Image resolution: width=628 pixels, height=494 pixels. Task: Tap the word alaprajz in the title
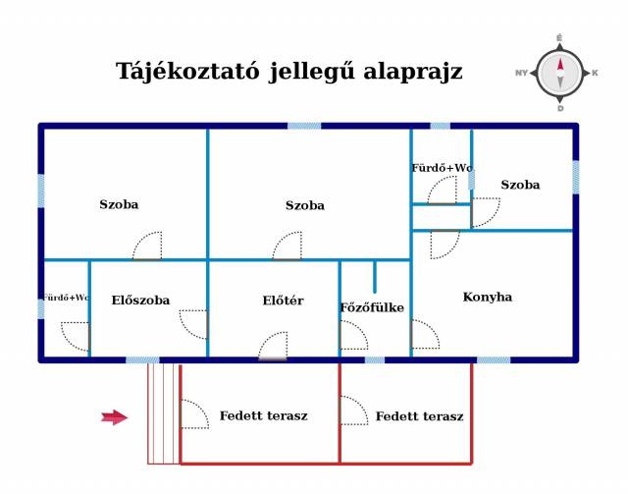point(413,72)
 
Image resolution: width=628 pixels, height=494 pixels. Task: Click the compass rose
point(559,74)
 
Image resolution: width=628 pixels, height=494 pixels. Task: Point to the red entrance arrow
point(115,417)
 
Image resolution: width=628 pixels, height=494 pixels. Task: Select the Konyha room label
point(487,297)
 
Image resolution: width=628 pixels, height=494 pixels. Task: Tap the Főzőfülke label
point(372,307)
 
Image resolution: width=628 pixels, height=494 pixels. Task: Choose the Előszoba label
point(140,301)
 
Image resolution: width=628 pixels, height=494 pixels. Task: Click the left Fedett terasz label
point(263,415)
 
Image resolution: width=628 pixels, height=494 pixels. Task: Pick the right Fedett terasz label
point(419,416)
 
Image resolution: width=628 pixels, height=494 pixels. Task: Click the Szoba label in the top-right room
point(520,185)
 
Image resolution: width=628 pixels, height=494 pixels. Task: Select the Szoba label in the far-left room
point(119,204)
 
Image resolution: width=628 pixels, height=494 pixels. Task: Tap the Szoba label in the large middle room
point(304,205)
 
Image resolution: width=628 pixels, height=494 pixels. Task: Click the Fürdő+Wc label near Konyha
point(442,168)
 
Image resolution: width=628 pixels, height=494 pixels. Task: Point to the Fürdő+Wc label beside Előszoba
point(66,297)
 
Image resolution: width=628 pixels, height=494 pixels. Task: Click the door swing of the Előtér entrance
point(273,347)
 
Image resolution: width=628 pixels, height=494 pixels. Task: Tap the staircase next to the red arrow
point(164,412)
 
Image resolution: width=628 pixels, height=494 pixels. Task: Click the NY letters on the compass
point(521,74)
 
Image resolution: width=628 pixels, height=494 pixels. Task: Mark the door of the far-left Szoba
point(147,247)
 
